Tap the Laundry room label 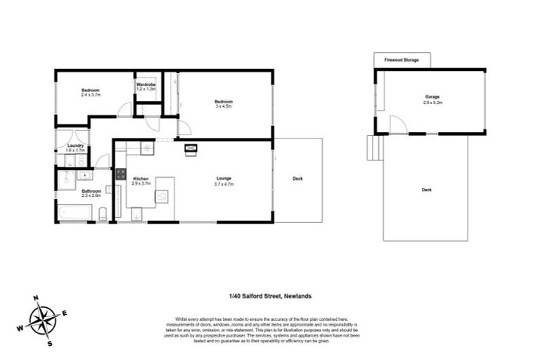click(x=75, y=146)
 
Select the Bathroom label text click(x=91, y=191)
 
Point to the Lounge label click(x=224, y=179)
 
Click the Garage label click(x=432, y=97)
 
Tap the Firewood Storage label click(x=401, y=60)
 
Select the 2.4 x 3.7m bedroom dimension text click(x=91, y=95)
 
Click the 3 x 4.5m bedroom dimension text click(x=224, y=107)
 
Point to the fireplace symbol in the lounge click(x=191, y=148)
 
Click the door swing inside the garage click(x=397, y=124)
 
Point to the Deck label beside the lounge click(x=297, y=179)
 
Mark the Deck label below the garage click(x=426, y=190)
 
